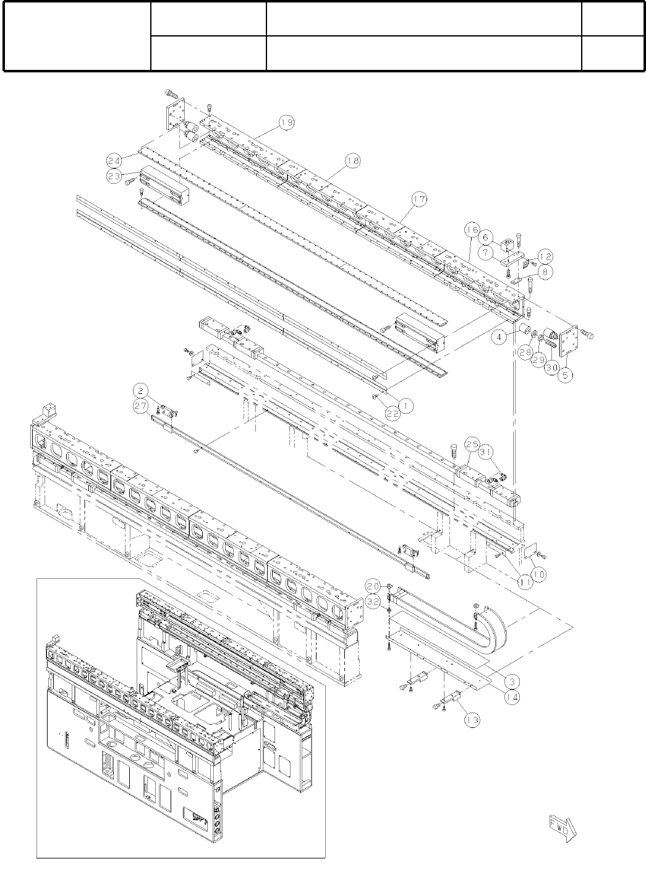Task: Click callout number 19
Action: coord(286,123)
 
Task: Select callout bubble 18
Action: coord(352,161)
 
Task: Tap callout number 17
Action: coord(419,199)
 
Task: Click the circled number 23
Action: coord(113,175)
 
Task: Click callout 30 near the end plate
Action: coord(552,366)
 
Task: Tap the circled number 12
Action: coord(545,256)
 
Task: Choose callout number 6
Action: coord(486,237)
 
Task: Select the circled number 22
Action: coord(393,414)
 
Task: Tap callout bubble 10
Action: coord(538,574)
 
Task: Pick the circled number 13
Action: coord(472,719)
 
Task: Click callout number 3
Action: coord(511,681)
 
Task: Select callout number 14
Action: coord(512,696)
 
